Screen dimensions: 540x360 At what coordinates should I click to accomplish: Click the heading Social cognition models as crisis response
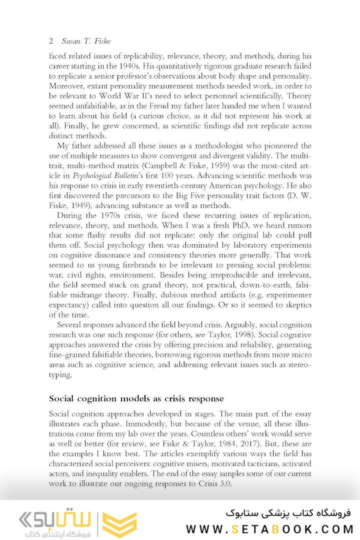(136, 398)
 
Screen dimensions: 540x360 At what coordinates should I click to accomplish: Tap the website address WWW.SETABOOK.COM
(269, 529)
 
